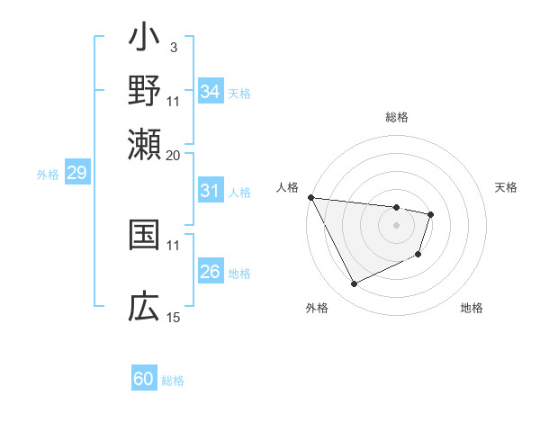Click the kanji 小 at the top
pyautogui.click(x=144, y=40)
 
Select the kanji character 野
pyautogui.click(x=144, y=92)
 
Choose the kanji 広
pyautogui.click(x=144, y=309)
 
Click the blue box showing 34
pyautogui.click(x=211, y=91)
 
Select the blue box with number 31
pyautogui.click(x=211, y=191)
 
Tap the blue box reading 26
pyautogui.click(x=211, y=272)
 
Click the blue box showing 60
pyautogui.click(x=144, y=379)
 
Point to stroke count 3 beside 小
pyautogui.click(x=173, y=46)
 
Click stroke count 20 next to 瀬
pyautogui.click(x=173, y=154)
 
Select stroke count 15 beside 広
pyautogui.click(x=173, y=317)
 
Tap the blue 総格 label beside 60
pyautogui.click(x=173, y=381)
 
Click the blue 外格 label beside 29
pyautogui.click(x=48, y=175)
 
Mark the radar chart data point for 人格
pyautogui.click(x=310, y=197)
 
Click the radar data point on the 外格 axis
pyautogui.click(x=354, y=284)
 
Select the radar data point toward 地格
pyautogui.click(x=418, y=255)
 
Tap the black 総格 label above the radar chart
pyautogui.click(x=396, y=117)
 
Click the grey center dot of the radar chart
pyautogui.click(x=396, y=225)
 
